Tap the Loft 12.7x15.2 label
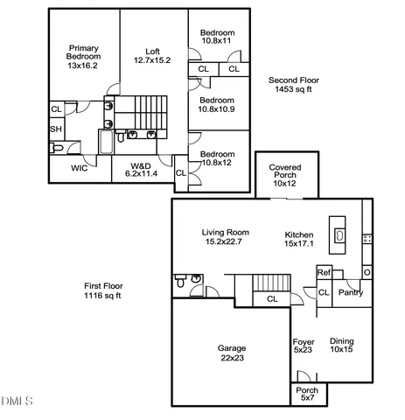point(152,55)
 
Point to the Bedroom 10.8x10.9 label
point(217,104)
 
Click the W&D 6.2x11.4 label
point(143,170)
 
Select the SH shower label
point(55,129)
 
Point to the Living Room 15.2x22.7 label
point(226,237)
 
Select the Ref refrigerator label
point(323,272)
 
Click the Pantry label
point(351,292)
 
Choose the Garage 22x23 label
point(231,353)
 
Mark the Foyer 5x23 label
point(303,346)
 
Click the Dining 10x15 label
point(342,346)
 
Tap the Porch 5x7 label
point(306,395)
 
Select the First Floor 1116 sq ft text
point(102,290)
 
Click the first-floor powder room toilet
point(180,283)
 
